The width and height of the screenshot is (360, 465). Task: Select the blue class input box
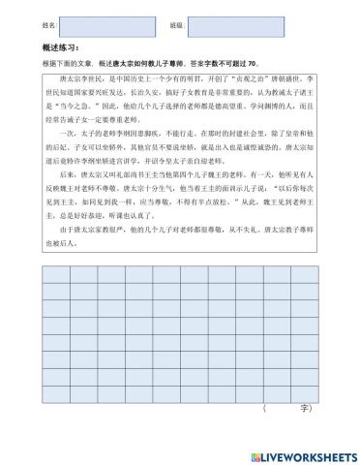228,22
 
